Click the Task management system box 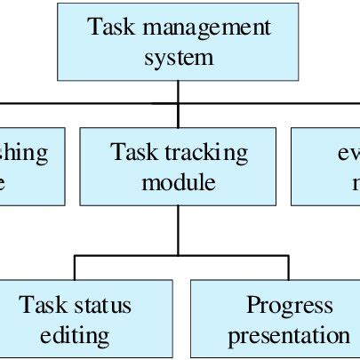point(178,42)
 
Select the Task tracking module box point(178,167)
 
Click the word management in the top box point(210,27)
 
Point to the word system point(179,57)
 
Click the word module point(179,183)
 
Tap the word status point(102,305)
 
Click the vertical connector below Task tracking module point(179,230)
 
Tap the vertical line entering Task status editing point(75,268)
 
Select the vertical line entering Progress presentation point(288,268)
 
